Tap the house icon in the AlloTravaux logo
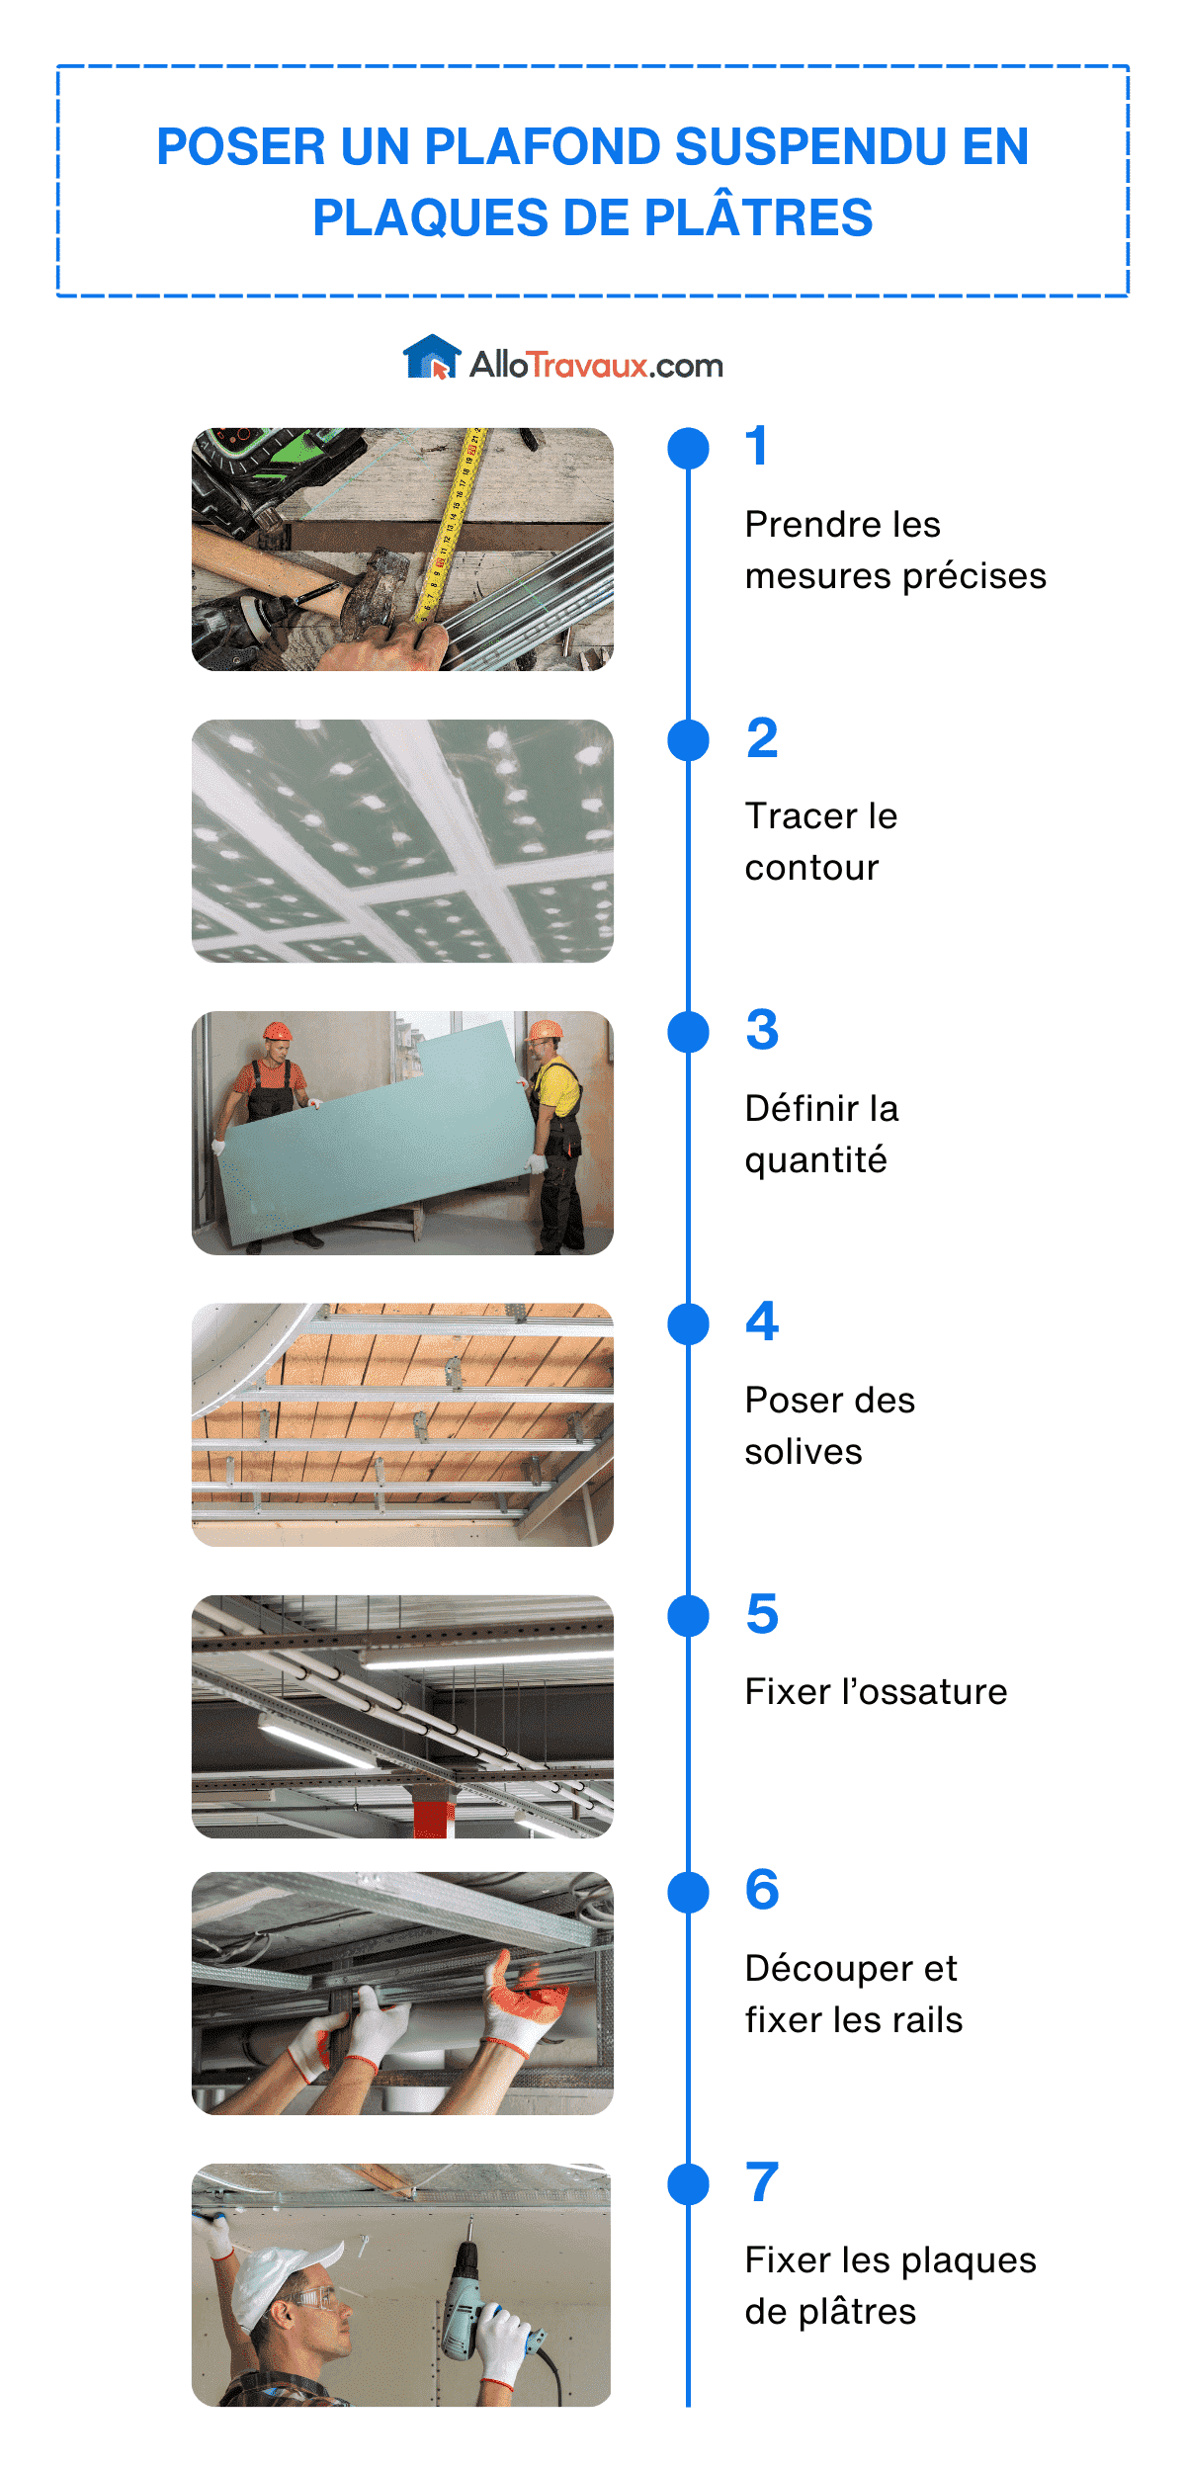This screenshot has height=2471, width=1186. (x=432, y=358)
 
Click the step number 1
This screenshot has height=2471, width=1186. (x=757, y=446)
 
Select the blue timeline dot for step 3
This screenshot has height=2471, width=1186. (x=688, y=1032)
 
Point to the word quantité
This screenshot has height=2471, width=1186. (x=815, y=1159)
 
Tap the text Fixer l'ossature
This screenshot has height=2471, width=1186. (x=876, y=1691)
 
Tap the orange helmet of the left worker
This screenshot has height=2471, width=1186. (x=277, y=1031)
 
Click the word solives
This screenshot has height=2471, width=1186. (x=803, y=1451)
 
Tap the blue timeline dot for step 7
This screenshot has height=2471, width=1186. (x=688, y=2184)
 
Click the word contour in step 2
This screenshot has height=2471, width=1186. (x=811, y=867)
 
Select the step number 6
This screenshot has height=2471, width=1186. (x=762, y=1890)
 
